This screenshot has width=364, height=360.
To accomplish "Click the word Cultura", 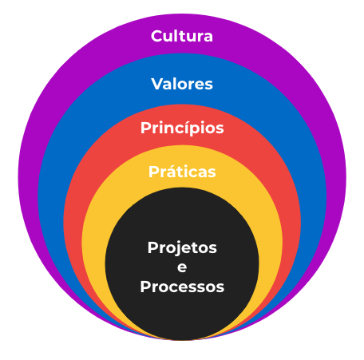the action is [x=182, y=36].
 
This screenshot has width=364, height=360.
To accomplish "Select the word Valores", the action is [x=182, y=84].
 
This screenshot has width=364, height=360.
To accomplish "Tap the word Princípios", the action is [x=182, y=129].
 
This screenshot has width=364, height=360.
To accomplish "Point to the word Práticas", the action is [x=182, y=171].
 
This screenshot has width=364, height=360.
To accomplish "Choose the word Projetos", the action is [x=182, y=248].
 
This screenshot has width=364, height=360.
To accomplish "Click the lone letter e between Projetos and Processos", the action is [x=182, y=267].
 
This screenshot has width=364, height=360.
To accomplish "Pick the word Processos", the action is [x=182, y=287].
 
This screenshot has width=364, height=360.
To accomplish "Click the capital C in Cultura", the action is [x=157, y=36].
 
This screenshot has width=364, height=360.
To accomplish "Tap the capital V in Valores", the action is [x=158, y=84].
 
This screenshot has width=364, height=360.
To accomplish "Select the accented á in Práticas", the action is [x=170, y=171].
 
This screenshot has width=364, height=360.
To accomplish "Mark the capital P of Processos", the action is [x=146, y=287].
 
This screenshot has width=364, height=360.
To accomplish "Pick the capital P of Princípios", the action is [x=146, y=128].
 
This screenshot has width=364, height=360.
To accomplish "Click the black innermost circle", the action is [x=182, y=264].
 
